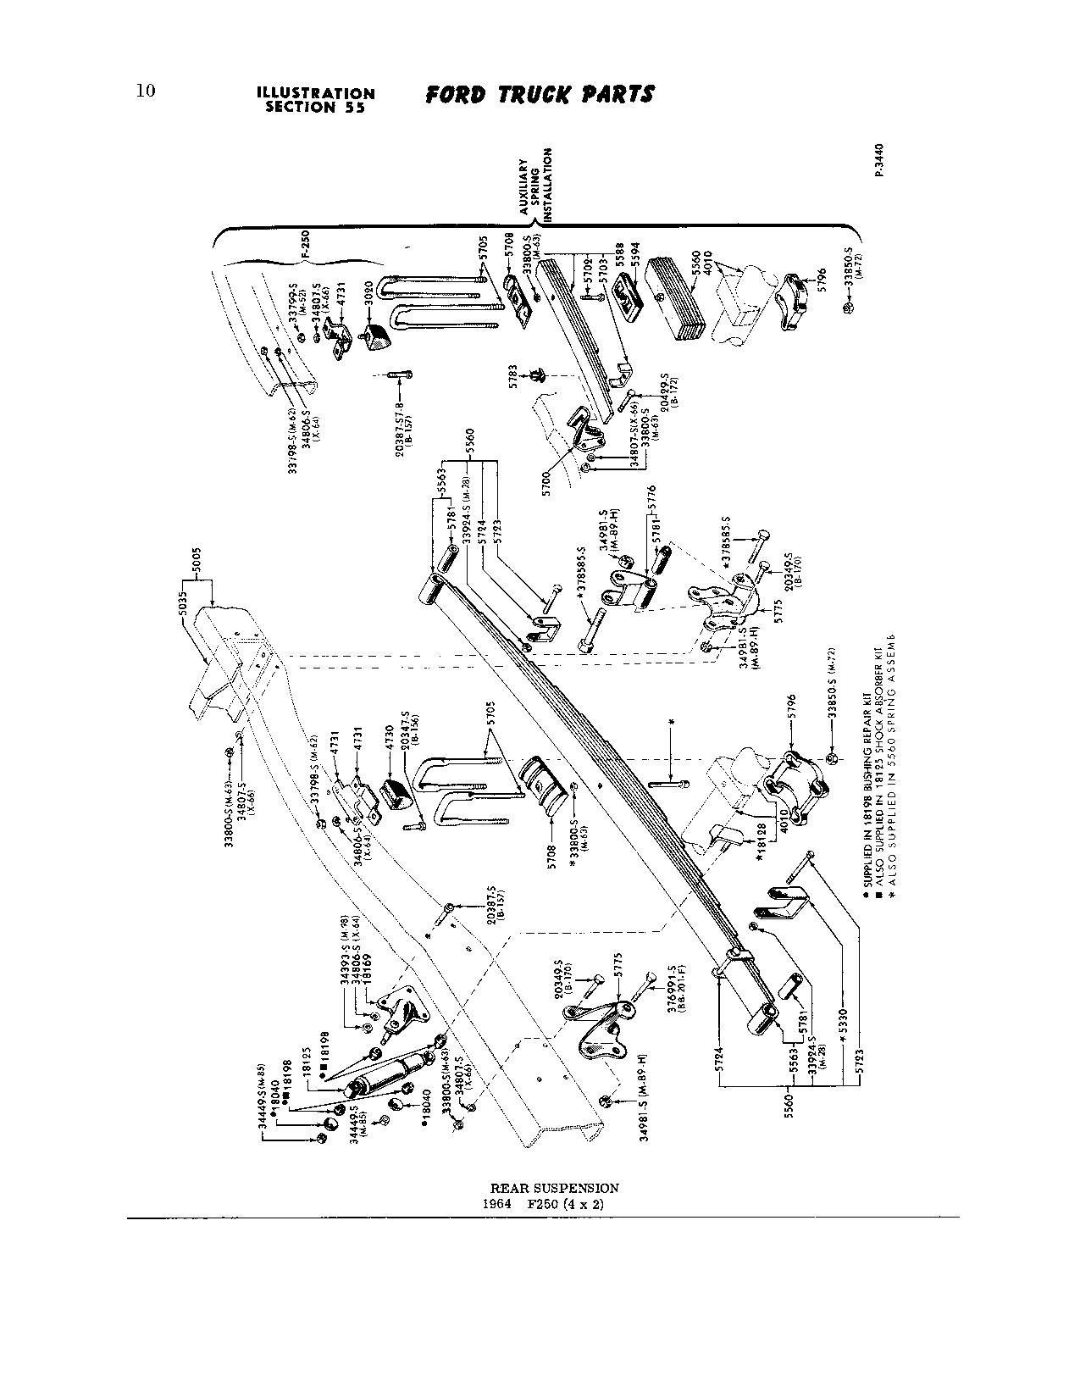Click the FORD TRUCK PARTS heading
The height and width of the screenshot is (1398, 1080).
pyautogui.click(x=540, y=94)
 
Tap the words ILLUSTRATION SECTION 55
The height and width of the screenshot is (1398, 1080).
pyautogui.click(x=315, y=100)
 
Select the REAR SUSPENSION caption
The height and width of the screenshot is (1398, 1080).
pyautogui.click(x=555, y=1189)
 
